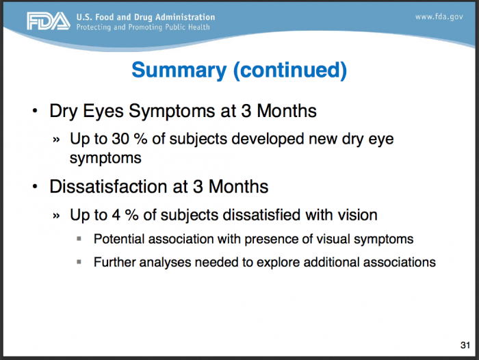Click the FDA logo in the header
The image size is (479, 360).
(x=49, y=21)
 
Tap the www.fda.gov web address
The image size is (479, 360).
(x=439, y=17)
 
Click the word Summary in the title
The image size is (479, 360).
(x=179, y=70)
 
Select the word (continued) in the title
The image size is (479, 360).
(x=290, y=70)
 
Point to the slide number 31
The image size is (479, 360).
(x=465, y=345)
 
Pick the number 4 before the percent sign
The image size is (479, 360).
(x=116, y=215)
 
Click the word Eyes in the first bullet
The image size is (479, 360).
(x=103, y=112)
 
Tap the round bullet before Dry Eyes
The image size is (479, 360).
(x=35, y=111)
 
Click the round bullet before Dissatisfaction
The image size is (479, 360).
(x=35, y=186)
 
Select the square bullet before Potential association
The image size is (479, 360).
(x=79, y=239)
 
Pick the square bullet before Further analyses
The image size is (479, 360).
(x=79, y=262)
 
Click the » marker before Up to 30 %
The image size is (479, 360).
(x=56, y=140)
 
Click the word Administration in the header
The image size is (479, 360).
(x=185, y=17)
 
